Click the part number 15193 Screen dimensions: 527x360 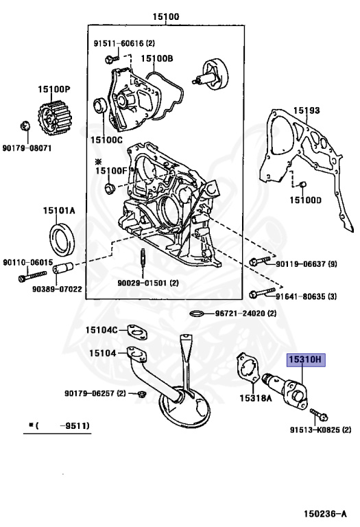tap(307, 110)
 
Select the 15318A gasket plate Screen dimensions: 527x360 tap(246, 371)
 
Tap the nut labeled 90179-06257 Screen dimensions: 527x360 tap(141, 394)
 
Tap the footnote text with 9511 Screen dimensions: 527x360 tap(60, 426)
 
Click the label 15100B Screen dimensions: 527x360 tap(157, 58)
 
